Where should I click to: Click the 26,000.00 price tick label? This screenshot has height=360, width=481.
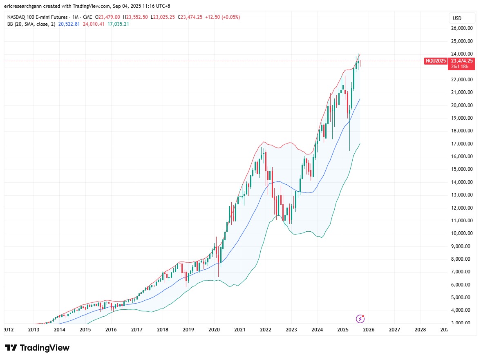(x=462, y=28)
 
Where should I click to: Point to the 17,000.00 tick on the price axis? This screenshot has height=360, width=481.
(x=462, y=144)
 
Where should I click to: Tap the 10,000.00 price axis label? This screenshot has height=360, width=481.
(x=462, y=233)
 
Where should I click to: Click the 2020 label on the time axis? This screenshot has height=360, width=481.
(x=214, y=329)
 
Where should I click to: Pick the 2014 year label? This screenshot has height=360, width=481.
(x=59, y=329)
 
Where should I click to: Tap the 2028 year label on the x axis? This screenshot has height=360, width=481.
(x=420, y=329)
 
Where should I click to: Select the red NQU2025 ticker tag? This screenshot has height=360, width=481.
(x=436, y=61)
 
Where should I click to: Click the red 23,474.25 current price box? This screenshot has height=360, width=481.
(x=461, y=61)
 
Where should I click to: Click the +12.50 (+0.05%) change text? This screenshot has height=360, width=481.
(x=223, y=17)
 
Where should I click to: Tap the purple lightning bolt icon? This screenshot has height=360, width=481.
(x=360, y=319)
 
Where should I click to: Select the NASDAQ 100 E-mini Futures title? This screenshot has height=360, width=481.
(x=34, y=17)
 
